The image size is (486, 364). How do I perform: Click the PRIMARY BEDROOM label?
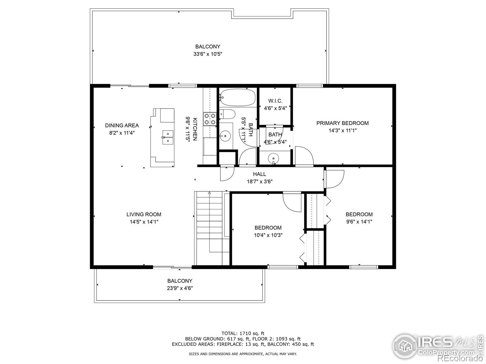[342, 123]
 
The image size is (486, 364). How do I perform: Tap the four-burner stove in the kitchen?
[210, 119]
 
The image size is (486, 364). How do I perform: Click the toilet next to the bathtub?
[227, 114]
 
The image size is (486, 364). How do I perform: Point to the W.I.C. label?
[275, 101]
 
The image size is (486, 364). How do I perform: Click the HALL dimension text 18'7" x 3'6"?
[259, 181]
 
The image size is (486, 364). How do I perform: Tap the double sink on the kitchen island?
[167, 137]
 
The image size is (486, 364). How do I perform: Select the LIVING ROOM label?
[144, 214]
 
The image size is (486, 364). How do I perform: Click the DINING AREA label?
[122, 125]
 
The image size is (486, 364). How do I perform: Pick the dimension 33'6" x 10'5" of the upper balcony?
[207, 54]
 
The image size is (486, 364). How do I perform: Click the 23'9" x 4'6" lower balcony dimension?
[180, 288]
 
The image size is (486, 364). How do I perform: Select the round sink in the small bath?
[274, 158]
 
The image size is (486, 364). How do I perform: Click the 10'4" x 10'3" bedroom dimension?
[268, 235]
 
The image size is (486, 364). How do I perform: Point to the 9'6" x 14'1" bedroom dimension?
[359, 221]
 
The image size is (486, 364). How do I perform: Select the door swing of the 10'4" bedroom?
[292, 202]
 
